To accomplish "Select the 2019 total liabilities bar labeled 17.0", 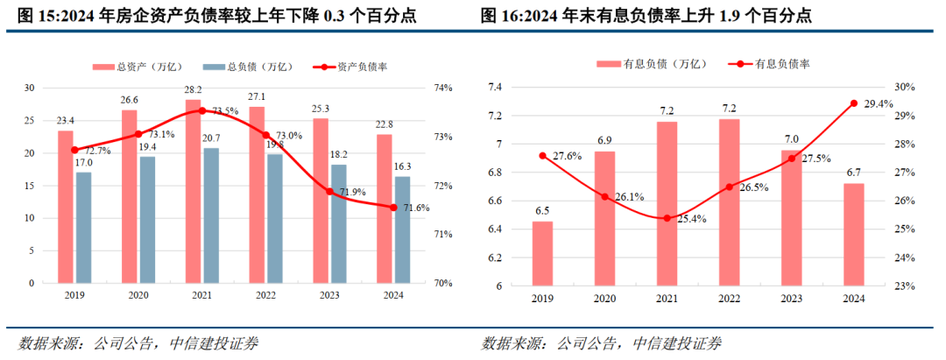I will tap(83, 228).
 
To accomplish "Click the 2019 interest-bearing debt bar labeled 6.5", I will tap(542, 253).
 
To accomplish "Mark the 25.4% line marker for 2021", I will tap(667, 218).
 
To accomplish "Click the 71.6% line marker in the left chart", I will tap(393, 208).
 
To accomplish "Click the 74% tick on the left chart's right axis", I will tap(441, 88).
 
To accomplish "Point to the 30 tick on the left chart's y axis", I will tap(29, 88).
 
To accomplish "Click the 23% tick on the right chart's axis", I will tap(902, 286).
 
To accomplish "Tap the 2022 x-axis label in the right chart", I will tap(729, 300).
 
